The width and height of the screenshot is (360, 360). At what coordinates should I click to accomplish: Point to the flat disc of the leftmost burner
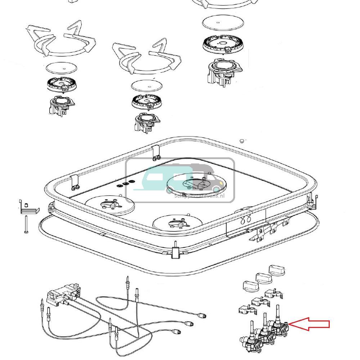[62, 68]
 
